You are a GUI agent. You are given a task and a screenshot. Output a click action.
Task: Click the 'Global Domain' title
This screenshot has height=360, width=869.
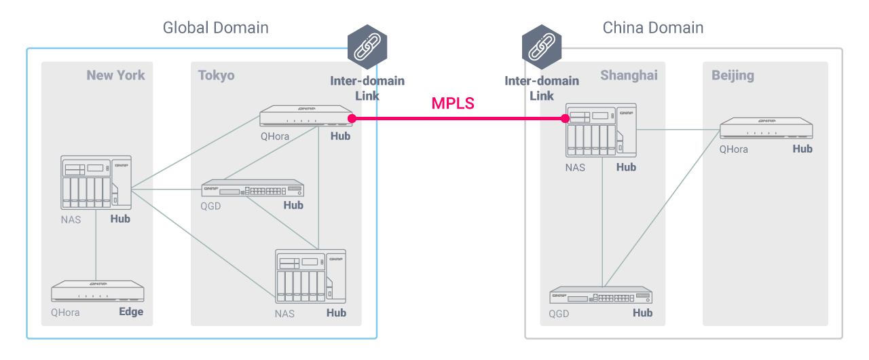point(215,28)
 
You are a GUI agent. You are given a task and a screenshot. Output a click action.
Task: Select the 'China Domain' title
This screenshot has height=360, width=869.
point(653,28)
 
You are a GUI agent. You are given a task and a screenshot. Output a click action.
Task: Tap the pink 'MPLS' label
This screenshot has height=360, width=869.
point(453,104)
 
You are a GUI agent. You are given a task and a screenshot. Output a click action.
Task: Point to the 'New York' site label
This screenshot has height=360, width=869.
point(115,75)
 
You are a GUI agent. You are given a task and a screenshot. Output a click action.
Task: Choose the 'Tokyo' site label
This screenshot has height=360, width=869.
point(216,75)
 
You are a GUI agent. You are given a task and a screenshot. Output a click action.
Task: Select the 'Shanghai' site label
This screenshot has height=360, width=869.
point(629,75)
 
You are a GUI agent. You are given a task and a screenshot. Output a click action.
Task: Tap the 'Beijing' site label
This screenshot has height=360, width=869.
point(733,75)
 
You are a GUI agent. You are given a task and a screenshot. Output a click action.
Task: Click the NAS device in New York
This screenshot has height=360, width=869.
point(95,182)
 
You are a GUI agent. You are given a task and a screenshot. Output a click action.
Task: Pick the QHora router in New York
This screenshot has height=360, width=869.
point(98,291)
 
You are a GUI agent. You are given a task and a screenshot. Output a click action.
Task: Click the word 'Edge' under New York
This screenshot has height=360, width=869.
point(131,312)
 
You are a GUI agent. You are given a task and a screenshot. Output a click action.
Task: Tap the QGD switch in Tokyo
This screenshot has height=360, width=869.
point(253,188)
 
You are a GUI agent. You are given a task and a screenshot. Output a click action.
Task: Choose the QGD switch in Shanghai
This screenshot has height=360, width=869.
point(601,295)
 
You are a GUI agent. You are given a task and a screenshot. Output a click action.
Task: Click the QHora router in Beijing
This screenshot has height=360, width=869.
point(766,128)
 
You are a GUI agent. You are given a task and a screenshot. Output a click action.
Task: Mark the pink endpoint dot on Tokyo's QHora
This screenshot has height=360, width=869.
point(352,119)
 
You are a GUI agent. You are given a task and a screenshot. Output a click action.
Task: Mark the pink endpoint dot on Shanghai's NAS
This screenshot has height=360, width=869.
point(565,119)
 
